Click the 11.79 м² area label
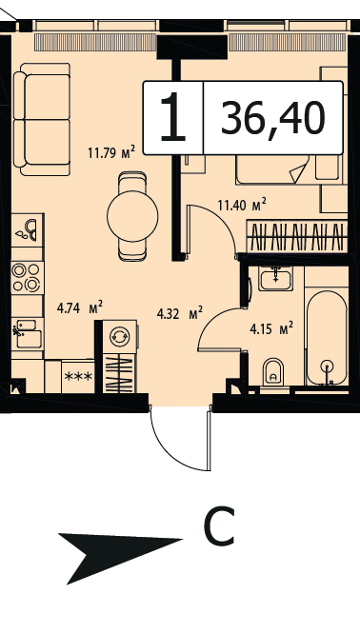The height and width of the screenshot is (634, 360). coord(111,153)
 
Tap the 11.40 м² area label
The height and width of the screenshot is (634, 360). coord(242,205)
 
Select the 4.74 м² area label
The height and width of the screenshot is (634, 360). coord(80,308)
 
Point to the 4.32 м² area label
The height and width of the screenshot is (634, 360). coord(180,313)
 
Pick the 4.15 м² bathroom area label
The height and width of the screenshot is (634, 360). coord(271,328)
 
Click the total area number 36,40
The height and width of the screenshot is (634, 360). coord(273,118)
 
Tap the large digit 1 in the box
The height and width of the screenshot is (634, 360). coord(173,117)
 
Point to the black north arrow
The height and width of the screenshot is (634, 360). coord(119,557)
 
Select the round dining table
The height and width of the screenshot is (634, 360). coord(132,216)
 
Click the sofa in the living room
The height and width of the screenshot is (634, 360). coord(42,119)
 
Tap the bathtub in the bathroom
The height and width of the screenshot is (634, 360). coord(327,338)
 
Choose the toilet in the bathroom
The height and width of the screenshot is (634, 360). coord(273,371)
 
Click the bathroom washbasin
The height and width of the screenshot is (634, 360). coord(275,279)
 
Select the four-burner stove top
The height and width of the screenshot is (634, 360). coord(27,277)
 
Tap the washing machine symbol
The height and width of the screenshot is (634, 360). coord(119,336)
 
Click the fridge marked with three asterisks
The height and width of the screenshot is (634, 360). coord(78,376)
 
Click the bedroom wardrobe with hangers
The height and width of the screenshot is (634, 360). coord(297,236)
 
